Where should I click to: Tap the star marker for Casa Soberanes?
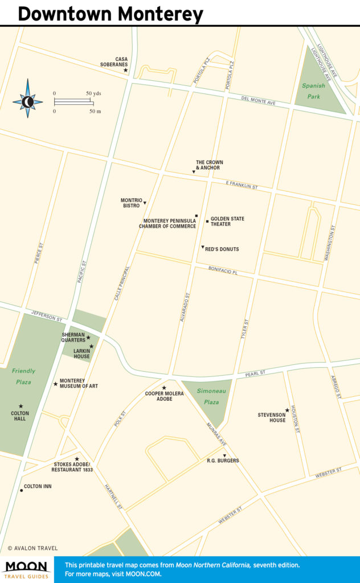125,70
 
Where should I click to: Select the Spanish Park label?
313,91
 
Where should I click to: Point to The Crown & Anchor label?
209,165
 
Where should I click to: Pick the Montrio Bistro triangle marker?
145,203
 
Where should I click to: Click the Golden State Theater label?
227,221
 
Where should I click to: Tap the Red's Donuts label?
222,249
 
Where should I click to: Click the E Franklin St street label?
242,186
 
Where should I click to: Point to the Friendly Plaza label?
23,376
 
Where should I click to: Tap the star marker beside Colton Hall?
21,407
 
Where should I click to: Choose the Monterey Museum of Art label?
79,383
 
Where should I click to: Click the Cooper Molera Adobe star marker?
164,388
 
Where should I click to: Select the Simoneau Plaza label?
208,396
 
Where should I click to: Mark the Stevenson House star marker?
287,410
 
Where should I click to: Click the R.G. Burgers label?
223,461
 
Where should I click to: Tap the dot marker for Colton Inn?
21,490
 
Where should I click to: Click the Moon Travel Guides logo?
27,569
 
